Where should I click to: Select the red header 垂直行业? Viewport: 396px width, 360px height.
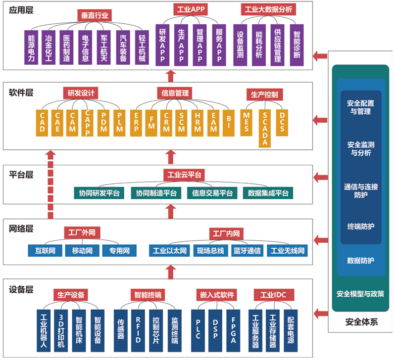(95, 15)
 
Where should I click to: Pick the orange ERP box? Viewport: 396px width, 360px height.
(137, 122)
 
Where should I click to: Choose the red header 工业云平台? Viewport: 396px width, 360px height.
(184, 175)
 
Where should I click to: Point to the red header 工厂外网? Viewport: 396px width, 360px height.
(82, 232)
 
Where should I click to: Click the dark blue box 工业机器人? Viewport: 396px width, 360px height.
(45, 329)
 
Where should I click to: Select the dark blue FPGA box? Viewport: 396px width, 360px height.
(233, 329)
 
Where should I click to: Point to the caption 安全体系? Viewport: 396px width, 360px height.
(361, 322)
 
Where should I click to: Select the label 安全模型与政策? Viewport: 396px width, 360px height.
(361, 294)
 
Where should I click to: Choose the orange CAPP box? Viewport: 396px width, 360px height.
(89, 122)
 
